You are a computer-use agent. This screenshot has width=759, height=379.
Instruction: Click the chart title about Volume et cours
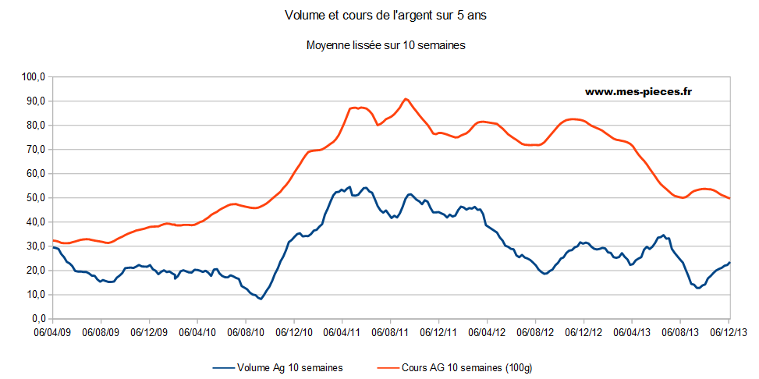coord(379,16)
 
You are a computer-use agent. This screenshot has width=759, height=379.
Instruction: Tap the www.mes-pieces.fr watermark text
coord(639,91)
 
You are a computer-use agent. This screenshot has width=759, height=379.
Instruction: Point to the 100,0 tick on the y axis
coord(34,77)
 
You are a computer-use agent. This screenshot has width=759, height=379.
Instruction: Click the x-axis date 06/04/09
coord(53,331)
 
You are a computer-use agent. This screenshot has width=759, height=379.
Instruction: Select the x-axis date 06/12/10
coord(294,331)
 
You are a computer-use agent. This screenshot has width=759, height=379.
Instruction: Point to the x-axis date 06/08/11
coord(391,331)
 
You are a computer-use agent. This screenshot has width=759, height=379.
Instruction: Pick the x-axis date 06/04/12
coord(488,331)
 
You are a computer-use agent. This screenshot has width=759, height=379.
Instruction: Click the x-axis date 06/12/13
coord(729,331)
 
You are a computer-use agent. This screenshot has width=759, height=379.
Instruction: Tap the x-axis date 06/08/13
coord(680,331)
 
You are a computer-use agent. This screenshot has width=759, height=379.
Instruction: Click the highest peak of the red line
coord(406,99)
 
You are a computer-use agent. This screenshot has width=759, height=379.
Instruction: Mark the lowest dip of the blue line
coord(261,299)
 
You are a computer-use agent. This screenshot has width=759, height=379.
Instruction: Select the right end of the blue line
coord(729,263)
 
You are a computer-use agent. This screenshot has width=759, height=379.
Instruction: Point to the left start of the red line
coord(53,240)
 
